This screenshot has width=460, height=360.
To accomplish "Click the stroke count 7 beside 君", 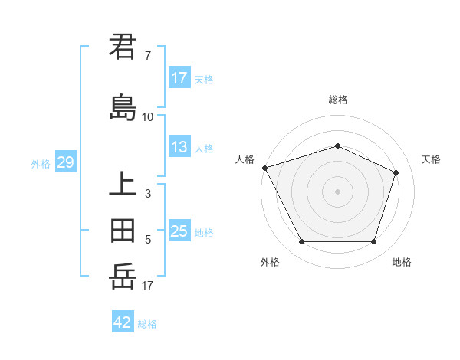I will point(148,56).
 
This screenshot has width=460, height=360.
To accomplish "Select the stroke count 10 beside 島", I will point(148,117).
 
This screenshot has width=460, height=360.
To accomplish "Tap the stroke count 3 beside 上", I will point(148,194).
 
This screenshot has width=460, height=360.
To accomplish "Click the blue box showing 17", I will point(179,78).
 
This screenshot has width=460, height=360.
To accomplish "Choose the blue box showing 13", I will point(179,147).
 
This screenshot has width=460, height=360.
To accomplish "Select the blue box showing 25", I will point(179,231).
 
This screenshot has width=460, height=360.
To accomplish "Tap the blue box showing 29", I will point(66,162).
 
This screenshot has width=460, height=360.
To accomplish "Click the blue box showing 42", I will point(123,322).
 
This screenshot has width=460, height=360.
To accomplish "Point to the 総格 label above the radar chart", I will point(337,100).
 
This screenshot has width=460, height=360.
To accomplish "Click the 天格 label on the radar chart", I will point(431,159).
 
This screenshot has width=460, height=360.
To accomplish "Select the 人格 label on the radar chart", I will point(245,159).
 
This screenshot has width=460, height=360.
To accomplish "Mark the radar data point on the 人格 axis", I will point(264,168).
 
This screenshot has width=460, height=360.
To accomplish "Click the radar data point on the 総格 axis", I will point(337,146).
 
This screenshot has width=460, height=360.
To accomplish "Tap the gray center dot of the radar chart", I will point(337,191).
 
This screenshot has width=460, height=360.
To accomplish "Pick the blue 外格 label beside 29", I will point(41,163).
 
